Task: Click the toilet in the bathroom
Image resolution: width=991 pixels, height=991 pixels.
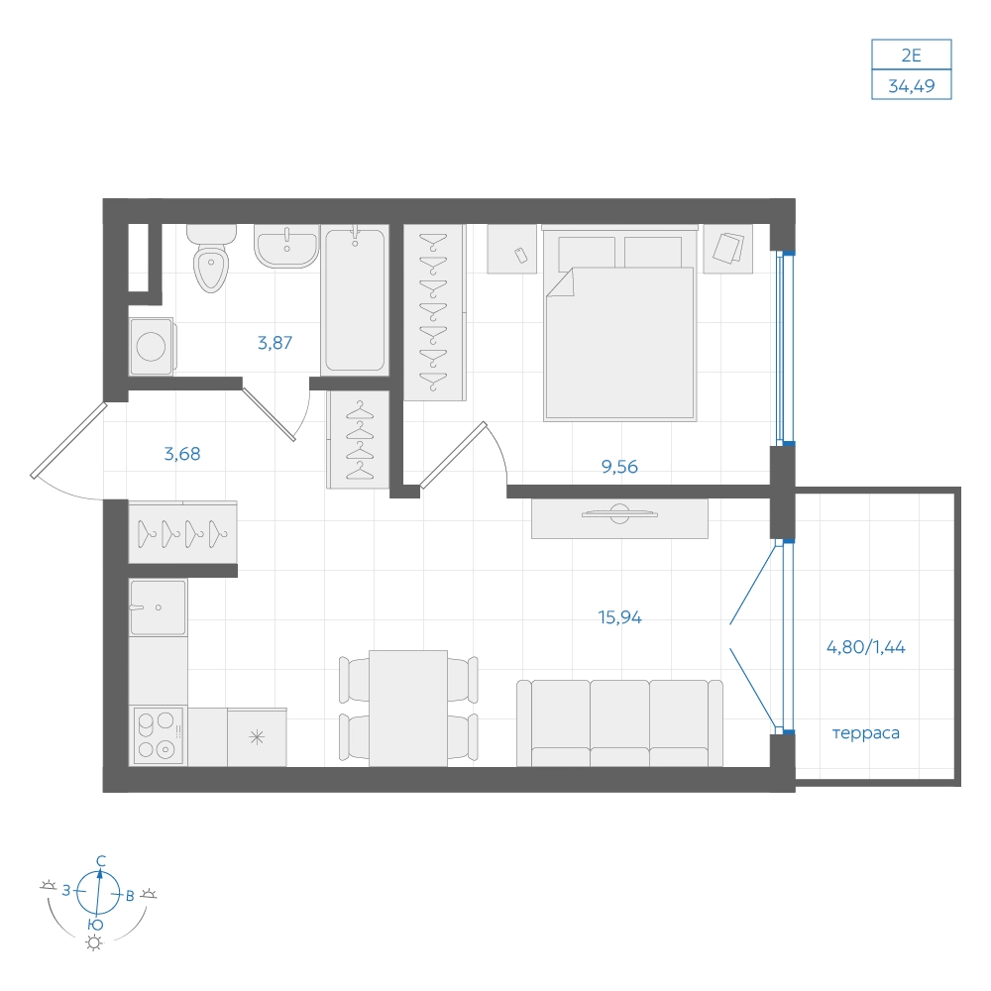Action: coord(211,258)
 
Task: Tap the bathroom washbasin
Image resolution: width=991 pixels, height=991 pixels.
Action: coord(286,246)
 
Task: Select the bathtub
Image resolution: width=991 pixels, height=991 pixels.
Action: coord(355,300)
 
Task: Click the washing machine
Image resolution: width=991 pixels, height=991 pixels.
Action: coord(152,346)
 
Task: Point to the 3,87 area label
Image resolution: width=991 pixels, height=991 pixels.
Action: coord(275,343)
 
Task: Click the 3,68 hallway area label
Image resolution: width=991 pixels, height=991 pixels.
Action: coord(182,454)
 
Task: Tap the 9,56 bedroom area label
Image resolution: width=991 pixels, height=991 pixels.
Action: coord(619,467)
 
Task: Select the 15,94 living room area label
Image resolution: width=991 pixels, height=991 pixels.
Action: coord(619,617)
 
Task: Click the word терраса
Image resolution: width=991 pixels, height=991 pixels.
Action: coord(866,733)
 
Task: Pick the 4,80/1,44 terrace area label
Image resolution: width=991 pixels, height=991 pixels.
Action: coord(866,647)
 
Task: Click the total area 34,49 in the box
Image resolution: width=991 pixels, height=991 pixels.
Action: coord(912,86)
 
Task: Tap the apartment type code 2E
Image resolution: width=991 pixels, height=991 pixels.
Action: coord(912,55)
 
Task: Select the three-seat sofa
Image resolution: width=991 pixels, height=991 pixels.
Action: coord(619,723)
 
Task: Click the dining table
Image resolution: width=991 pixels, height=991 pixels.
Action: coord(408,709)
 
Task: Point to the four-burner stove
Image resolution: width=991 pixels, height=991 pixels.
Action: coord(158,735)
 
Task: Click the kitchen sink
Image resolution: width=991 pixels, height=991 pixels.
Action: coord(158,607)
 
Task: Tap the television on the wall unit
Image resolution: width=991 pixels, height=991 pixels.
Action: coord(619,513)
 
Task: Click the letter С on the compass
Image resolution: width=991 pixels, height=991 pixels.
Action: coord(100,861)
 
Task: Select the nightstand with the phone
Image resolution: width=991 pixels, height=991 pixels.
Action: coord(512,250)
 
